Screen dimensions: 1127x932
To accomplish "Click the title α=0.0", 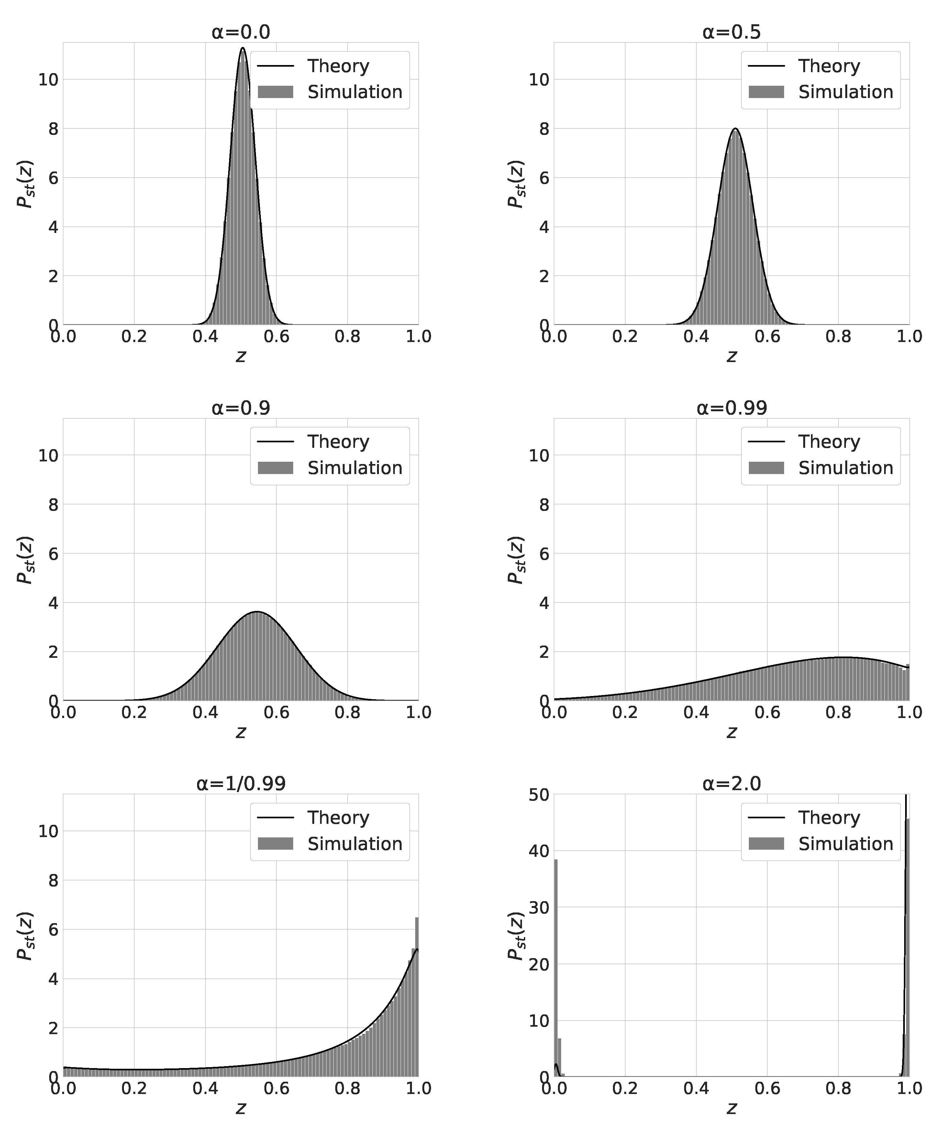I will (240, 32).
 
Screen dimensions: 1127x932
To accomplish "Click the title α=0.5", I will (731, 32).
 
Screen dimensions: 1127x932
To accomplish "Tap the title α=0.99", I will (731, 408).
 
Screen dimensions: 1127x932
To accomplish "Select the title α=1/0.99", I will (240, 784).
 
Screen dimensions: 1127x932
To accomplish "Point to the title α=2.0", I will (731, 784).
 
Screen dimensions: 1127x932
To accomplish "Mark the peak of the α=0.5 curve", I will (735, 129).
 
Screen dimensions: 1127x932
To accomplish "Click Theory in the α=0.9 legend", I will (338, 442).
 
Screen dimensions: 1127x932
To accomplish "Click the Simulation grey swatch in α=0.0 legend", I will (275, 92).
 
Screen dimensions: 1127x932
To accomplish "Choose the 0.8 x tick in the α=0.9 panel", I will (347, 713).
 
